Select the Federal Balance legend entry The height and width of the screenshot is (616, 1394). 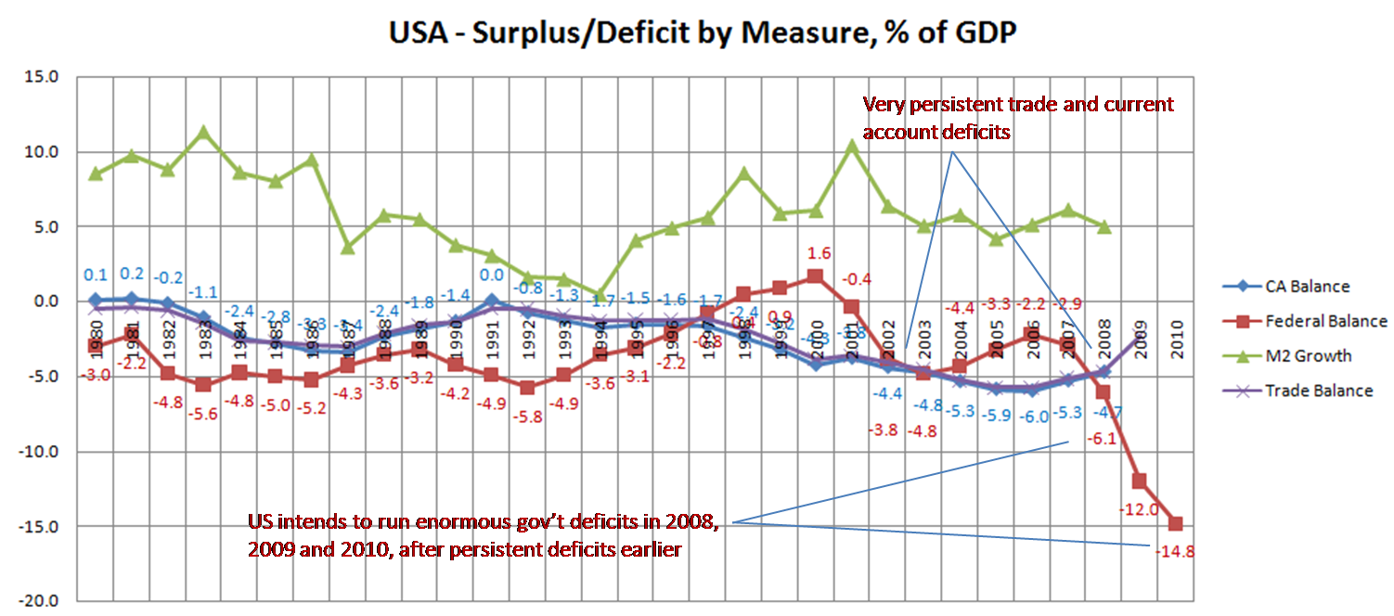pos(1325,321)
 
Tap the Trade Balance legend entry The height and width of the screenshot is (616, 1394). pos(1318,391)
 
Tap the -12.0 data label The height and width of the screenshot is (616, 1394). pos(1138,509)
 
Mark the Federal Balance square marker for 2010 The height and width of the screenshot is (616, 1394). pos(1176,523)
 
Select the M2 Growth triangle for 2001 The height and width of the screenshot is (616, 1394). pos(852,146)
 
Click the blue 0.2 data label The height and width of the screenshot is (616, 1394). pos(132,275)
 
